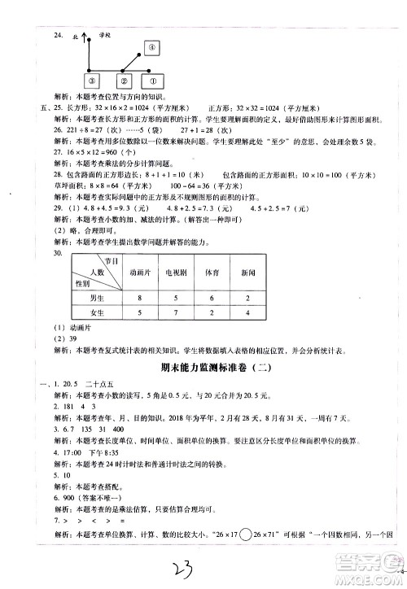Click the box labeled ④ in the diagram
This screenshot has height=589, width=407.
[x=152, y=50]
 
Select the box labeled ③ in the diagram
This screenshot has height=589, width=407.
[x=92, y=81]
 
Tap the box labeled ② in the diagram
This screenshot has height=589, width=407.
[x=123, y=81]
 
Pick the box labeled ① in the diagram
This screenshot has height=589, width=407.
[x=151, y=81]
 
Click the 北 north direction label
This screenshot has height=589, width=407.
[x=74, y=37]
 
